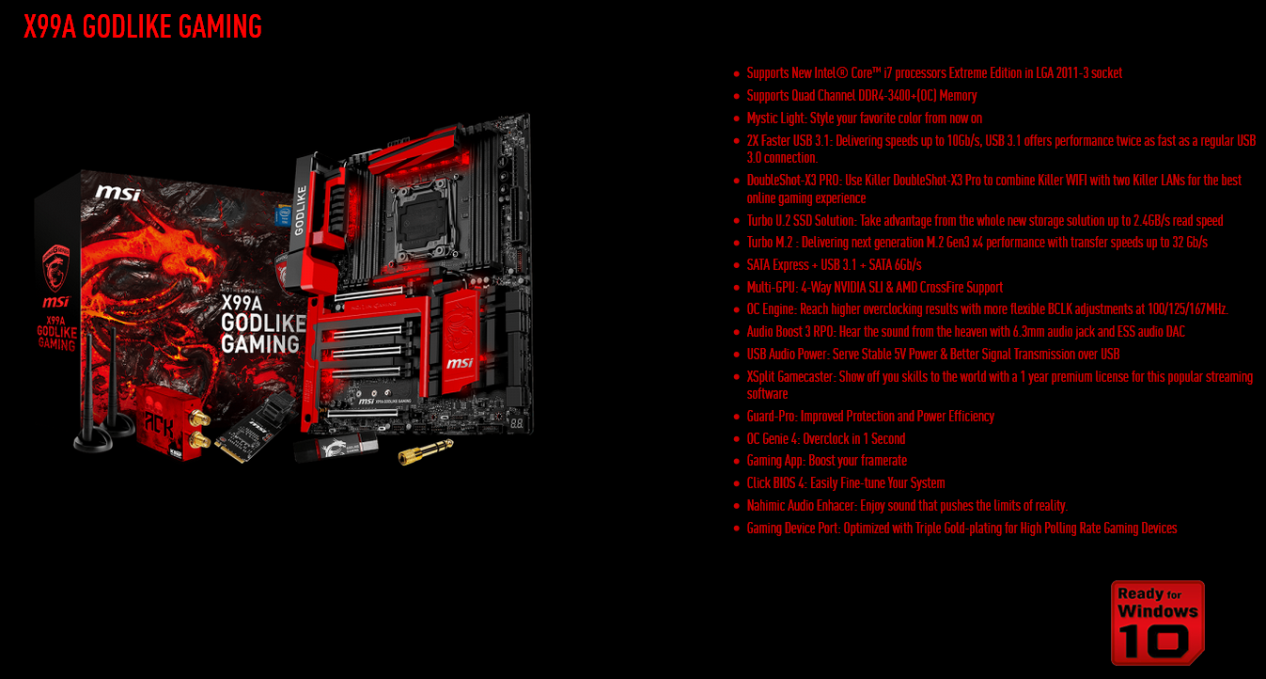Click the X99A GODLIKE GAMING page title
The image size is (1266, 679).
click(143, 26)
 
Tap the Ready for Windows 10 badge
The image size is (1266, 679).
click(1157, 622)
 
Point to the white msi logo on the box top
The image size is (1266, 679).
click(117, 193)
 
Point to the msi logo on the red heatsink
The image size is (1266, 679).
click(460, 362)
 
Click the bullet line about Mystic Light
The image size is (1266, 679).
click(864, 118)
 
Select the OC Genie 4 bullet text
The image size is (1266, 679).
click(825, 439)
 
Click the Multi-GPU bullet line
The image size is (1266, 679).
click(874, 288)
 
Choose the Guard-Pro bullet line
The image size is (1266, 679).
click(869, 417)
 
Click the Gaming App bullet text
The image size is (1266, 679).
click(826, 461)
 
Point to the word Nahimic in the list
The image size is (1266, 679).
click(767, 506)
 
